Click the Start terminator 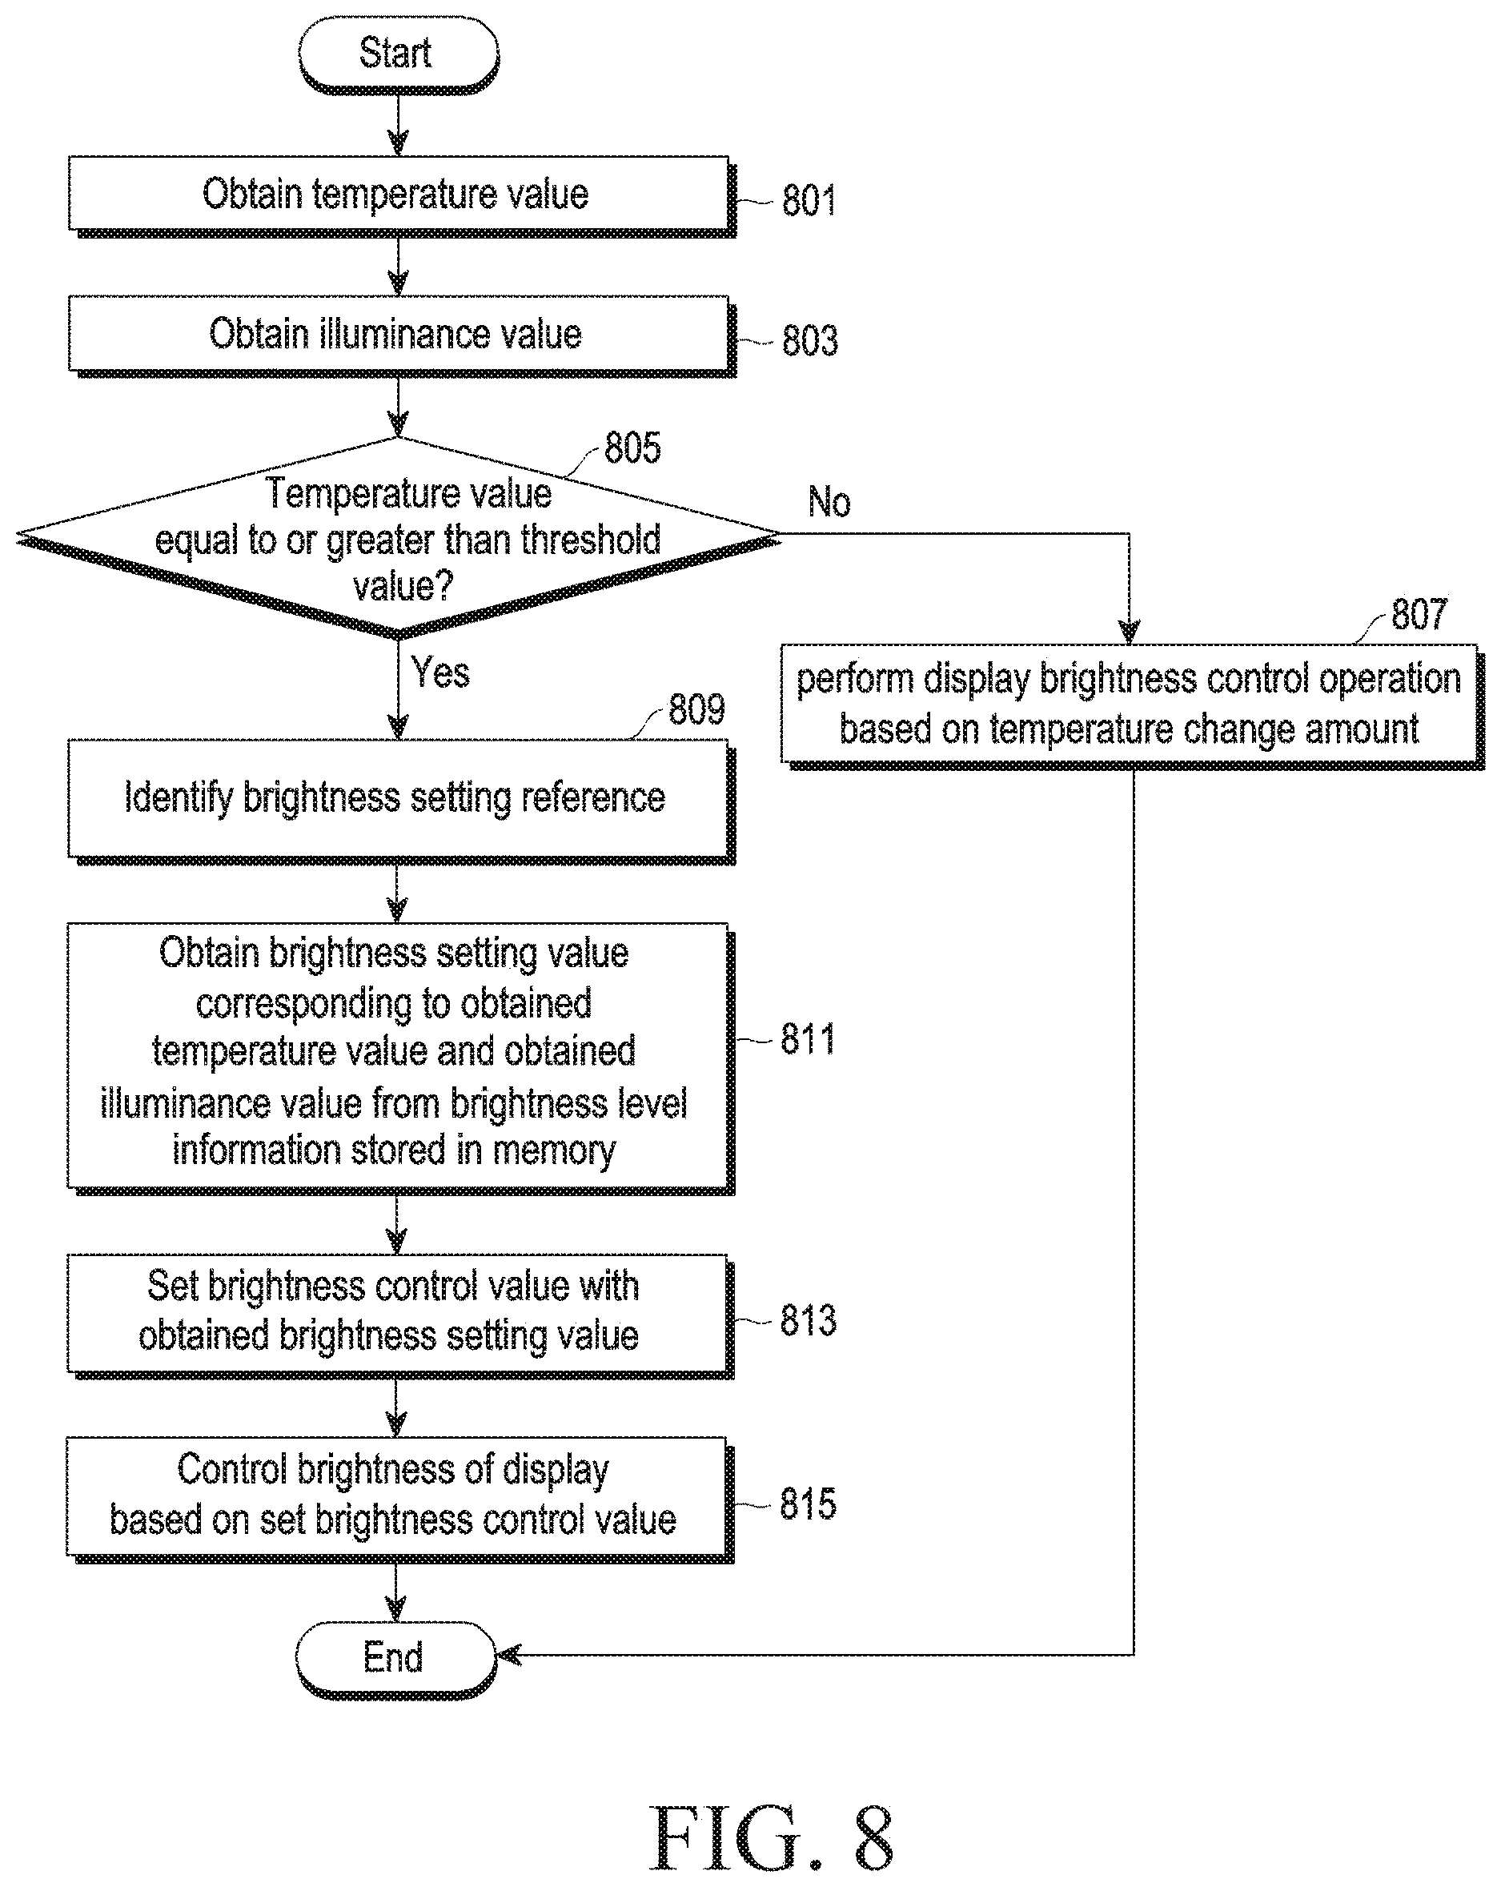(x=398, y=54)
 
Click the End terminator (x=396, y=1659)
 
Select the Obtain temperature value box (x=402, y=196)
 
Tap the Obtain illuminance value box (x=402, y=336)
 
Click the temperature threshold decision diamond (x=398, y=537)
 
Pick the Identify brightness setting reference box (x=401, y=801)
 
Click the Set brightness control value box (x=400, y=1316)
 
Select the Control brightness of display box (x=399, y=1500)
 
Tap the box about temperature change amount (x=1133, y=707)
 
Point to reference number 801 (x=808, y=200)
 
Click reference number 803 (x=809, y=340)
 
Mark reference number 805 (x=632, y=448)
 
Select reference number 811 (x=807, y=1040)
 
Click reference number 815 (x=807, y=1504)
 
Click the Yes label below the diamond (x=440, y=672)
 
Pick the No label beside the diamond (x=829, y=503)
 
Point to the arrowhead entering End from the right (x=508, y=1655)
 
